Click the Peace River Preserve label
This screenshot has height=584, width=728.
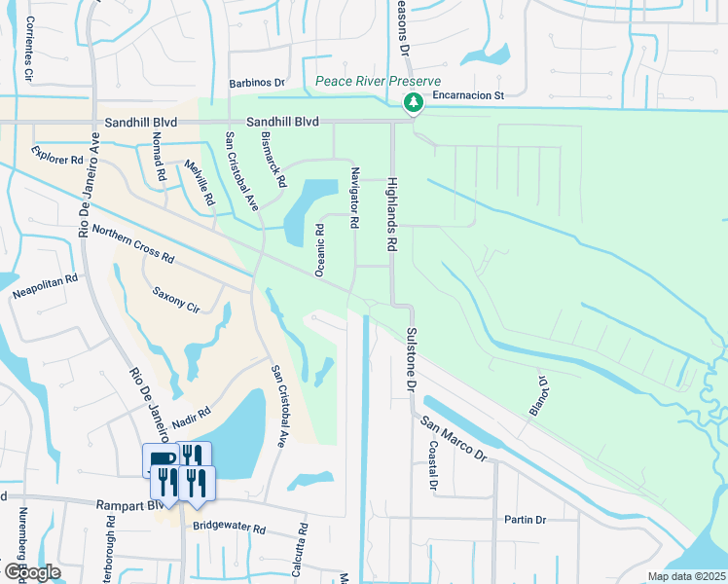point(379,82)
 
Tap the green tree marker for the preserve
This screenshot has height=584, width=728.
point(414,101)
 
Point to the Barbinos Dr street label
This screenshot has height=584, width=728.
point(256,85)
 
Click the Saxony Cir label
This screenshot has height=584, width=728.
point(176,300)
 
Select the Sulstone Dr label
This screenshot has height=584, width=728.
point(410,359)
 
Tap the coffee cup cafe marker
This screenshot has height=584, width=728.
point(162,459)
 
